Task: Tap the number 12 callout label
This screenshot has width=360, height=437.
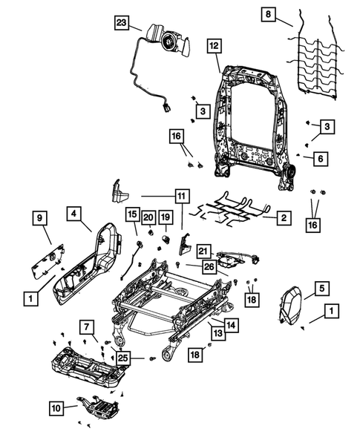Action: click(213, 46)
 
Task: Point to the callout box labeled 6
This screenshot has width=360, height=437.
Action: click(319, 159)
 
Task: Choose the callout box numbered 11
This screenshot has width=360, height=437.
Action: click(180, 197)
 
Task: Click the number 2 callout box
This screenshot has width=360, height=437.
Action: click(282, 218)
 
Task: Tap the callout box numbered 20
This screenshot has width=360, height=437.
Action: click(148, 217)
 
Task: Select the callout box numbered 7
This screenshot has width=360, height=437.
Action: click(88, 327)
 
